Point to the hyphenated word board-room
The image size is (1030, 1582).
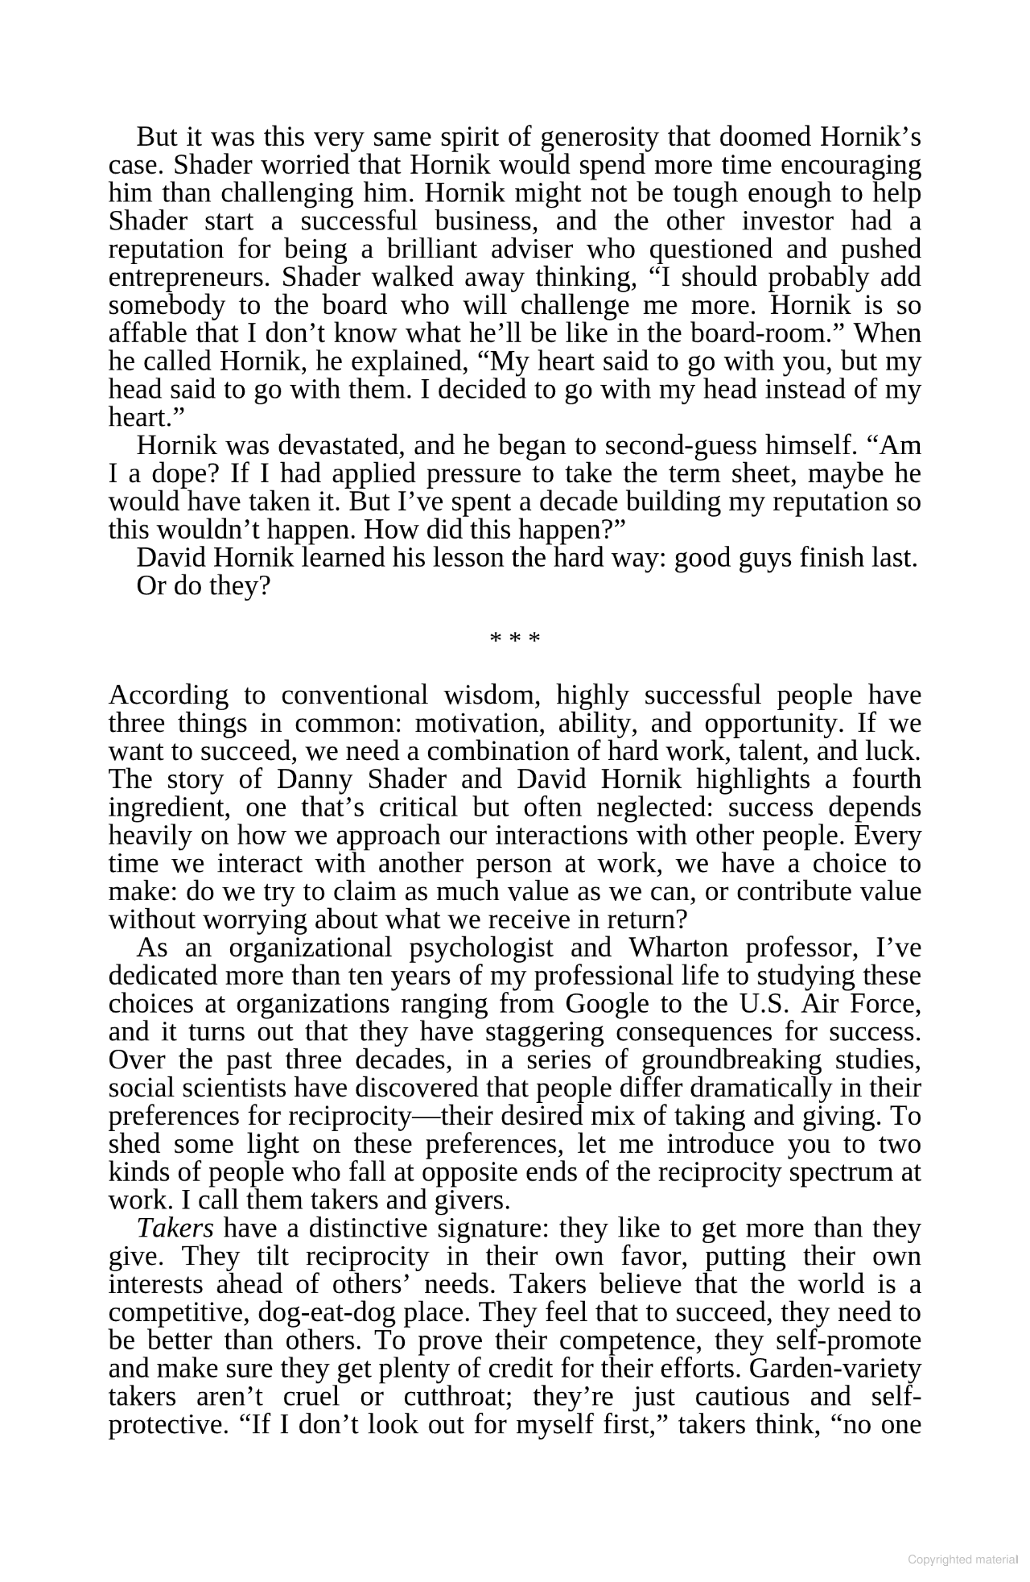click(x=776, y=333)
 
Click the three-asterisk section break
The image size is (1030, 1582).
click(x=515, y=640)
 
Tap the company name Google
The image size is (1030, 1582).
click(x=607, y=1005)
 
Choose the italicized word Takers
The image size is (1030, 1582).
click(x=175, y=1229)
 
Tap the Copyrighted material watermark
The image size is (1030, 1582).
click(x=962, y=1559)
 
